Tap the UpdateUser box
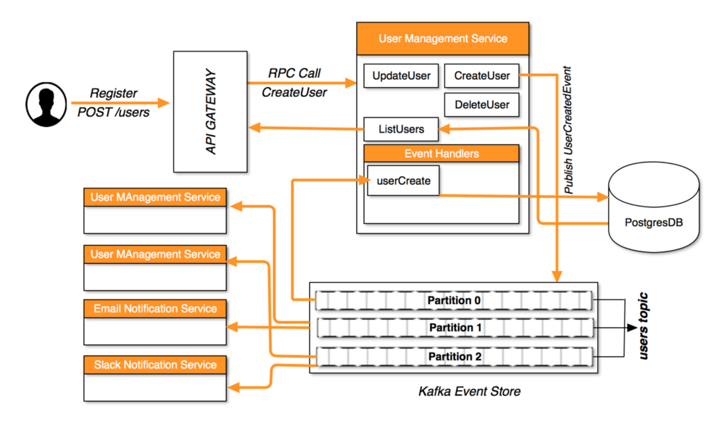pos(401,75)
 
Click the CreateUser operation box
pos(482,75)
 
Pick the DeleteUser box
pos(482,104)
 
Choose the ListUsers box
pos(401,130)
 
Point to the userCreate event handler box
pos(403,181)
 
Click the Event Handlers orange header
pos(442,154)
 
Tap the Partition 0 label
pos(455,300)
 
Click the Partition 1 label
pos(455,328)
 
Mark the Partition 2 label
pos(455,357)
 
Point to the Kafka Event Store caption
pos(469,391)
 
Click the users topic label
pos(643,326)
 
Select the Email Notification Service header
pos(155,309)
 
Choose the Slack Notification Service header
pos(155,365)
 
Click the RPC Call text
pos(294,73)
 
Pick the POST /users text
pos(114,112)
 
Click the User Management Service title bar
pos(443,38)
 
